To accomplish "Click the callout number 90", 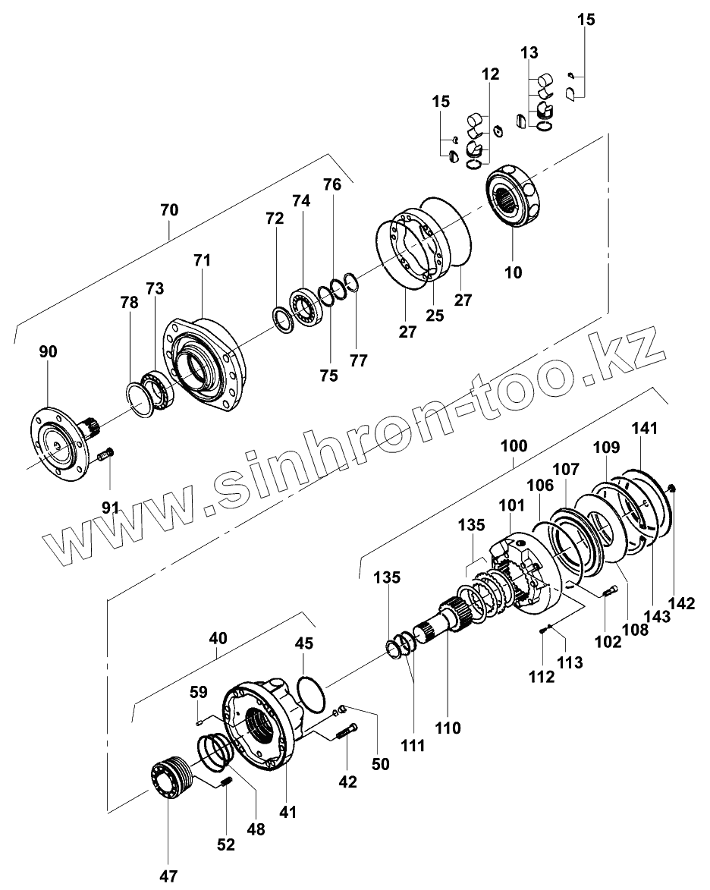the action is [x=48, y=352].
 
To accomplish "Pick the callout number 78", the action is [x=129, y=302].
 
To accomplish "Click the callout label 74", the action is [x=301, y=201].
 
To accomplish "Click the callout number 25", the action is [x=434, y=314].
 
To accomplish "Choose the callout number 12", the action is [x=490, y=74].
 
